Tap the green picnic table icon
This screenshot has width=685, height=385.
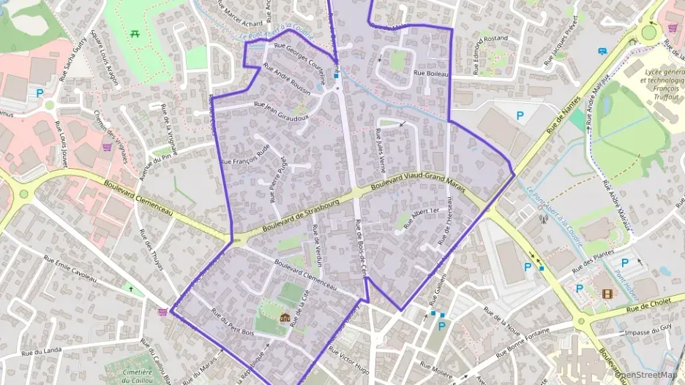[x=135, y=34]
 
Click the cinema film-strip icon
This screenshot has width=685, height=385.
[x=607, y=294]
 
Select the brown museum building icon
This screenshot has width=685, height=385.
[x=285, y=317]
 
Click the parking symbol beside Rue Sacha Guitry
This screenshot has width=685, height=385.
[x=40, y=93]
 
